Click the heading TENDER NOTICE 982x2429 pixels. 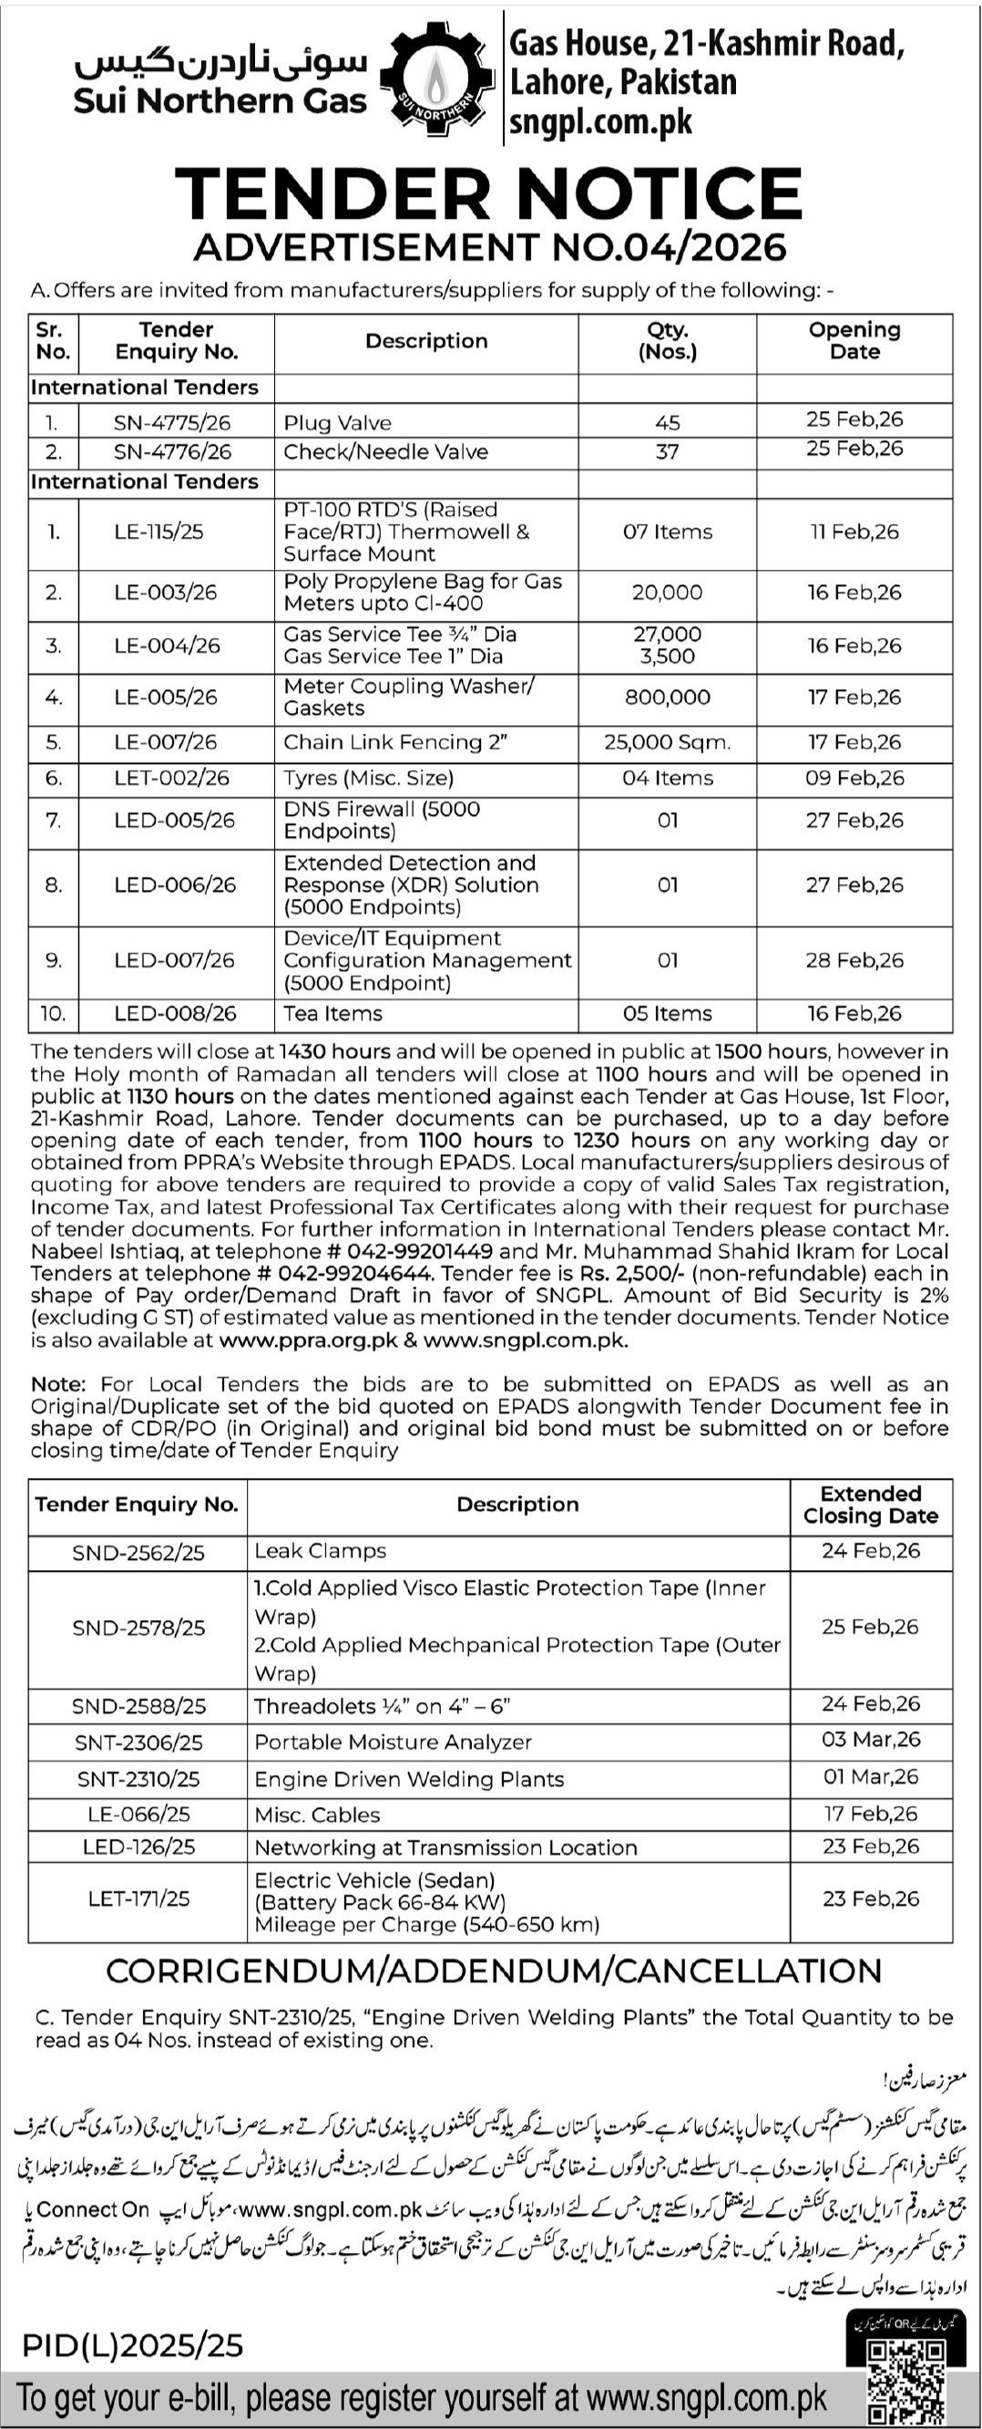click(x=488, y=194)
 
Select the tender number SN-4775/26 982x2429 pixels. click(x=172, y=422)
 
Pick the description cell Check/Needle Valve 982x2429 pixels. click(x=385, y=451)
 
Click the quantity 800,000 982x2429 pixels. click(x=667, y=697)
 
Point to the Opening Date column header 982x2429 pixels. click(x=854, y=340)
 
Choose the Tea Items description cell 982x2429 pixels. click(x=332, y=1014)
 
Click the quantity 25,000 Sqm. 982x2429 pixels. click(x=667, y=742)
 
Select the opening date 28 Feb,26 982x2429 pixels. click(x=854, y=960)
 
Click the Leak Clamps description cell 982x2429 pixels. click(x=321, y=1550)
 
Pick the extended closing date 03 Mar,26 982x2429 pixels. click(x=870, y=1740)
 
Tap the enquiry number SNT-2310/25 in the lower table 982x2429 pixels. click(x=138, y=1779)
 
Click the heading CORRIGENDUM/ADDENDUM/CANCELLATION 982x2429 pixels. click(x=494, y=1969)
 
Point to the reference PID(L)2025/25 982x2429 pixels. click(x=132, y=2345)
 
